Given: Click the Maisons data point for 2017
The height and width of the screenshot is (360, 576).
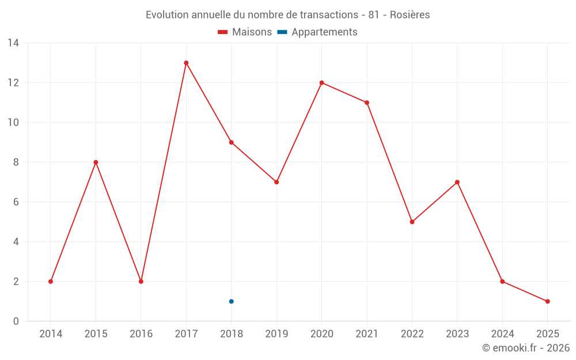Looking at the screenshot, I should tap(186, 63).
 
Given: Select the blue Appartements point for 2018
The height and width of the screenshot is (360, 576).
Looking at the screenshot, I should tap(231, 301).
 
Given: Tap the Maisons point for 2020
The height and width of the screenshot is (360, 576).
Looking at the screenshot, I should tap(321, 82).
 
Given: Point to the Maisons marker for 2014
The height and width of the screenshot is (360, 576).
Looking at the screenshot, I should tap(51, 282).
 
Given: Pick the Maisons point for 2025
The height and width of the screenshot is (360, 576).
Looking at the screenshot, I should tap(547, 301).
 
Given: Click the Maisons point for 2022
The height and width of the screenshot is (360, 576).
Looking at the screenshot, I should tap(412, 222).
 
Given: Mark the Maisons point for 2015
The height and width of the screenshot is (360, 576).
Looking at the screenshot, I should tap(96, 162).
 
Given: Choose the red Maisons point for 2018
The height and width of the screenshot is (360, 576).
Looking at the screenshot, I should tap(231, 142).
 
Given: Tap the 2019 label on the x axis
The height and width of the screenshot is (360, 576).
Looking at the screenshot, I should tap(276, 334).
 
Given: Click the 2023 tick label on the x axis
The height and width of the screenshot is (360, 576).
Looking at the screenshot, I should tap(457, 334).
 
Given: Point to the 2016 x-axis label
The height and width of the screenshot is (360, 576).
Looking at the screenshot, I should tap(141, 334).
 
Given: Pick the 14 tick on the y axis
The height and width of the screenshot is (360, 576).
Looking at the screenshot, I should tap(13, 43).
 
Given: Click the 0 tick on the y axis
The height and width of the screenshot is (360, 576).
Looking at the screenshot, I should tap(16, 321).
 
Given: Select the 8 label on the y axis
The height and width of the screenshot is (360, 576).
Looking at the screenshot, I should tap(16, 162).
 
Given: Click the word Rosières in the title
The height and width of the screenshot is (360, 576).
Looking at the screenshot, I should tap(410, 15).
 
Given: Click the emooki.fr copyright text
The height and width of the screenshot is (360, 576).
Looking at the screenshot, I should tap(525, 348).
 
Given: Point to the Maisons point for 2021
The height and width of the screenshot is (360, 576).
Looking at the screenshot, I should tap(367, 103).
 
